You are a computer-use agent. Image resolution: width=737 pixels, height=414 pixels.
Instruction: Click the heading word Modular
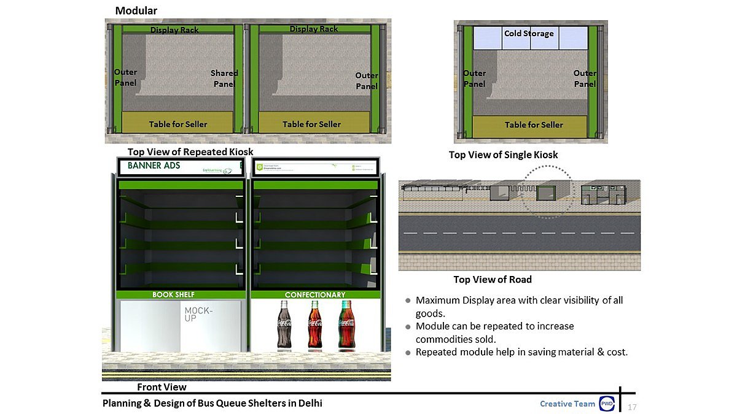point(136,10)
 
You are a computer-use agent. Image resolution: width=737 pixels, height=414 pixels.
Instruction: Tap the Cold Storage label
point(529,33)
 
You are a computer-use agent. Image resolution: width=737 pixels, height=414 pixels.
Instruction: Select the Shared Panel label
point(224,78)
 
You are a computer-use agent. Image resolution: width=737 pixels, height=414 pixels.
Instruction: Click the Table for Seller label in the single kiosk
point(534,125)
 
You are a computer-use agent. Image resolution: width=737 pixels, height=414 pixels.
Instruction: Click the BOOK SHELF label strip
point(173,295)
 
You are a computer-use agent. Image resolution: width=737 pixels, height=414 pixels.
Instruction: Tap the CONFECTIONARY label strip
point(315,295)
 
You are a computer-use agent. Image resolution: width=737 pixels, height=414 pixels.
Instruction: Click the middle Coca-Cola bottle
point(315,324)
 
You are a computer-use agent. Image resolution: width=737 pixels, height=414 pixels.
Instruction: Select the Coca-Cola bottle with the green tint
point(346,324)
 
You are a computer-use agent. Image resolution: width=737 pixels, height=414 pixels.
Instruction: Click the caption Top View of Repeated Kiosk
point(190,151)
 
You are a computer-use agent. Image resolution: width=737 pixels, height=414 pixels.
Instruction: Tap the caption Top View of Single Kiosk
point(503,155)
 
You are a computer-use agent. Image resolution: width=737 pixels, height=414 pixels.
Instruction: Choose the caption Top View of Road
point(493,280)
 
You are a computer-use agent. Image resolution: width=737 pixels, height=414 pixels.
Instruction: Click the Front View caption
point(162,387)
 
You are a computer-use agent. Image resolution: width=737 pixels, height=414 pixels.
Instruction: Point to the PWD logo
point(607,404)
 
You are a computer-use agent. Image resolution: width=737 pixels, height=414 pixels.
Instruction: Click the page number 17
point(632,407)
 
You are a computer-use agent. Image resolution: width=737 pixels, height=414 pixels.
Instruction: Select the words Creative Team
point(567,404)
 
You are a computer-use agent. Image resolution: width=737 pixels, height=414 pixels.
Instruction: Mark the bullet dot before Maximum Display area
point(407,301)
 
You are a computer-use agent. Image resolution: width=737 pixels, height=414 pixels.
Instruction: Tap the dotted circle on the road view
point(546,166)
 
